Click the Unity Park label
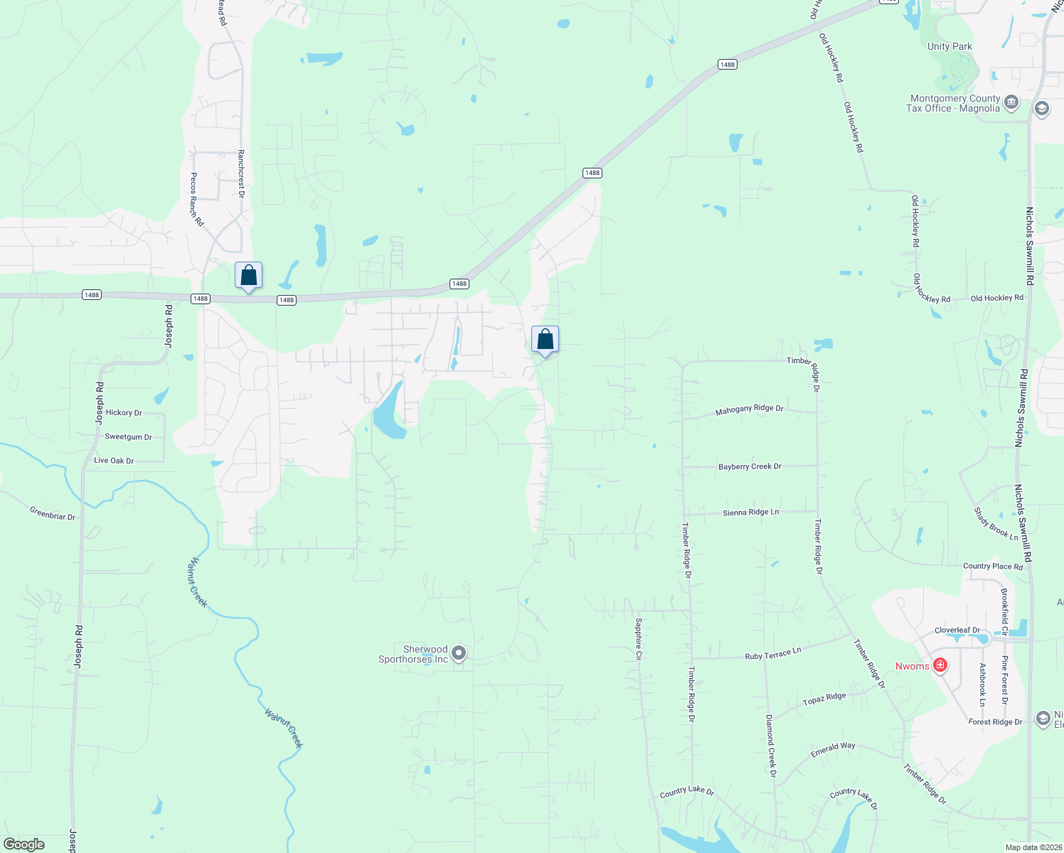949,47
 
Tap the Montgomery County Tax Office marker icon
1011,103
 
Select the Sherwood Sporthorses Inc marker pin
459,653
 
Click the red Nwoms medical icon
940,665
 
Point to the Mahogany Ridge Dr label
749,410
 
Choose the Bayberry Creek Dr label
750,467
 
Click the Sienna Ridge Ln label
750,513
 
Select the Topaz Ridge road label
824,699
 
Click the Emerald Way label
833,749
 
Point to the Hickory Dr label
124,413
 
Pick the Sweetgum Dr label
128,437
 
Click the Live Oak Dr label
114,461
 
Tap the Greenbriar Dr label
53,513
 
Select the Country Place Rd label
993,567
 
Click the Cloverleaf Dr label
957,631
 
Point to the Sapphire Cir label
639,639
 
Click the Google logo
23,844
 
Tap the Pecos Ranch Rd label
196,200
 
